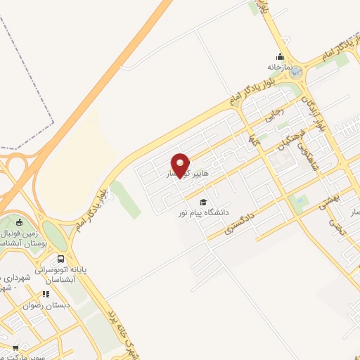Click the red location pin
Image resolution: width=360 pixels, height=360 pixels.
[x=181, y=164]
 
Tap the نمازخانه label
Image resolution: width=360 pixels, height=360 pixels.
[x=279, y=67]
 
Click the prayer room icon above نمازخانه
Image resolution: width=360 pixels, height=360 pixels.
[x=280, y=57]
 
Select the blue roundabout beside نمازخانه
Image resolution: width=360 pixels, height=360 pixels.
[x=296, y=71]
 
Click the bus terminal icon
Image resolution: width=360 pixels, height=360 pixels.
[x=61, y=258]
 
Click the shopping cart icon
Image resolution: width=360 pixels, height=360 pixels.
[x=15, y=347]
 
